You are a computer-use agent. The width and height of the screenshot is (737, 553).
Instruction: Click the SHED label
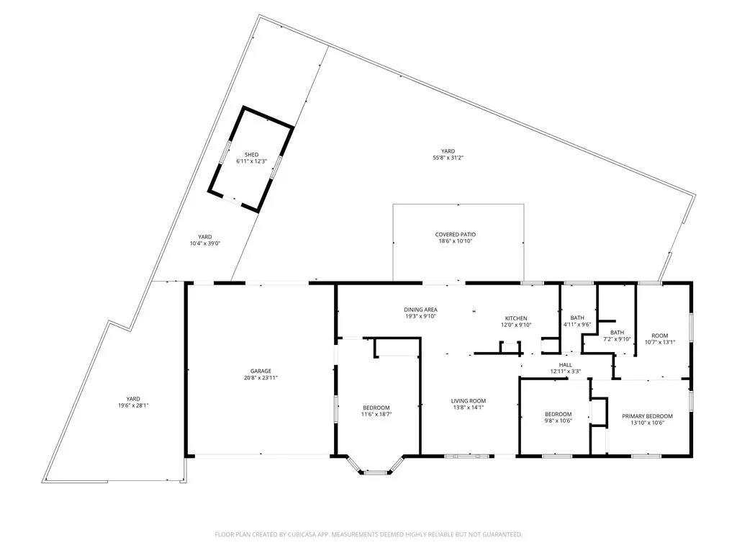[x=251, y=155]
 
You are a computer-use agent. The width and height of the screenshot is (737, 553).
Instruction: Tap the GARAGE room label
[x=261, y=371]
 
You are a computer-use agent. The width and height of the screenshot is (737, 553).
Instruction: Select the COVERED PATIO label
[x=456, y=234]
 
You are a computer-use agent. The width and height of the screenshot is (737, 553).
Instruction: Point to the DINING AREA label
[x=420, y=310]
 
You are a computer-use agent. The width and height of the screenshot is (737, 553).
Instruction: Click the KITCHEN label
[x=516, y=318]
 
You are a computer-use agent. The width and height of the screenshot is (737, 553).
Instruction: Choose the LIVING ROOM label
[x=468, y=401]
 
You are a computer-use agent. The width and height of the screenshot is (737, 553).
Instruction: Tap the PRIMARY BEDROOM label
[x=647, y=416]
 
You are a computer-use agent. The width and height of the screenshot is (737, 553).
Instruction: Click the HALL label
[x=566, y=365]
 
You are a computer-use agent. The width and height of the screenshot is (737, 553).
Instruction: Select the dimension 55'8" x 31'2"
[x=448, y=158]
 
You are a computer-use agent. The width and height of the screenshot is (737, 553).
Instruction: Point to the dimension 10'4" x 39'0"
[x=205, y=243]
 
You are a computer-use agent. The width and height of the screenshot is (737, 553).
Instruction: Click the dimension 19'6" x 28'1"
[x=133, y=405]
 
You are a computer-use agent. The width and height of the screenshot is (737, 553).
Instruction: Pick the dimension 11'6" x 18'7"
[x=376, y=414]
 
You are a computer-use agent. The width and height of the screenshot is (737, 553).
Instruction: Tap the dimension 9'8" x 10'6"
[x=559, y=421]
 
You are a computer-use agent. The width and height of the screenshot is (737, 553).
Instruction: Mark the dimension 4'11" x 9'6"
[x=577, y=325]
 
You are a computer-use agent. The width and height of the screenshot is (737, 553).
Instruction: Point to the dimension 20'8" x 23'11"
[x=261, y=377]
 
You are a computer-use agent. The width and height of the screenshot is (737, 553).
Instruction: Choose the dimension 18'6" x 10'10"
[x=456, y=240]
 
